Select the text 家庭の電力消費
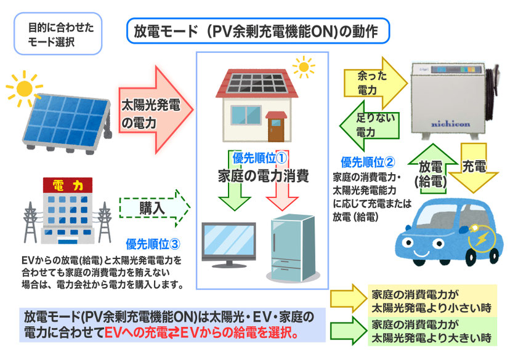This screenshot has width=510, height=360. tap(263, 174)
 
